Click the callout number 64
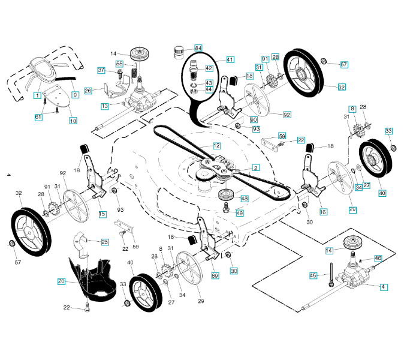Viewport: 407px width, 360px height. (x=198, y=47)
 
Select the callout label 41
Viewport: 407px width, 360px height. (x=230, y=59)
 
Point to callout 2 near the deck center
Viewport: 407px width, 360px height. (x=255, y=168)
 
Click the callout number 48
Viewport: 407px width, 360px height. (x=244, y=199)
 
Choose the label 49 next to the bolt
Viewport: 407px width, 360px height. (x=240, y=213)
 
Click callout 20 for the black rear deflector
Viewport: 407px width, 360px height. (x=61, y=281)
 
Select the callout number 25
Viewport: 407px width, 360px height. (x=105, y=242)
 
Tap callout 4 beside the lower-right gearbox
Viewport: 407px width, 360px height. (x=382, y=287)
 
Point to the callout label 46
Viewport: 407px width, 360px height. (x=378, y=258)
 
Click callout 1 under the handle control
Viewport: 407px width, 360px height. (x=37, y=95)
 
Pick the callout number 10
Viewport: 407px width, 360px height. (x=73, y=121)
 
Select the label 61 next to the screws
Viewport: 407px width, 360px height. (x=38, y=117)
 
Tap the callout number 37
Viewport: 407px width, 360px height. (x=102, y=70)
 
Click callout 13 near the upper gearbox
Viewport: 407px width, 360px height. (x=105, y=106)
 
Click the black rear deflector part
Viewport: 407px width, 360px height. (x=93, y=273)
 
